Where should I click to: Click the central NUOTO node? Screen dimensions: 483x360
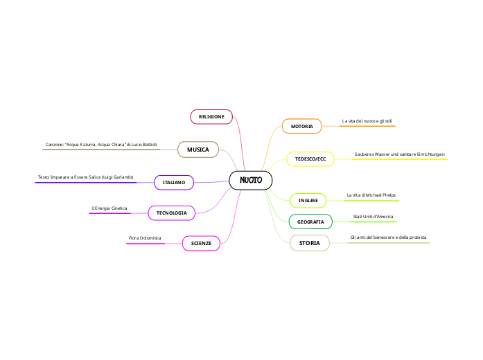(250, 180)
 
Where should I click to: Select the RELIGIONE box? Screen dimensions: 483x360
(211, 117)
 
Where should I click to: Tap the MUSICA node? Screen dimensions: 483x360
(198, 150)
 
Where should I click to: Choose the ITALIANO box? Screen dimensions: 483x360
(174, 182)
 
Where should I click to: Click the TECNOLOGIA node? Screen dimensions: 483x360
(171, 213)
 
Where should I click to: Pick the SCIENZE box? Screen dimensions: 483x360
(201, 243)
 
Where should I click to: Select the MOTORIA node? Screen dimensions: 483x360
(301, 126)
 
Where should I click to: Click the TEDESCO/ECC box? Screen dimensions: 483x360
(310, 159)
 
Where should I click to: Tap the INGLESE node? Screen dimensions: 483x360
(308, 201)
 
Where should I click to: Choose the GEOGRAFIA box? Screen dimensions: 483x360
(310, 222)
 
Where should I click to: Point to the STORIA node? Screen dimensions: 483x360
(309, 243)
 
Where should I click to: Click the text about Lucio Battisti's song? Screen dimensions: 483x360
(101, 144)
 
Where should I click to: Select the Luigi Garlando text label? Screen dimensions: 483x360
(85, 178)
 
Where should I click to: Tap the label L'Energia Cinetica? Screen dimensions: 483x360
(109, 208)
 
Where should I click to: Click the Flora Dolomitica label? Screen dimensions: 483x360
(145, 238)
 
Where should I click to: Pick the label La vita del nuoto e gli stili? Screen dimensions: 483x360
(367, 121)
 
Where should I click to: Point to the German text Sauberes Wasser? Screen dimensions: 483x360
(399, 154)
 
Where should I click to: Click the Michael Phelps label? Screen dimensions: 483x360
(371, 196)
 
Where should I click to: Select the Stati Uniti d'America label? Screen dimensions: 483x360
(373, 217)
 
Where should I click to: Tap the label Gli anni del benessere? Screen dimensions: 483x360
(388, 237)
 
